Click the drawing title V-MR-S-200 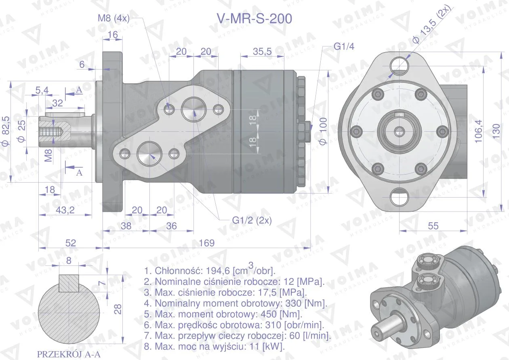(x=254, y=19)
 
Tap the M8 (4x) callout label (x=114, y=18)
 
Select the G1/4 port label (x=344, y=46)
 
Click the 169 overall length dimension (x=206, y=243)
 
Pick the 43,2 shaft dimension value (x=65, y=210)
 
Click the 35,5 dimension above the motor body (x=262, y=52)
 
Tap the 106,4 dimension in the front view (x=478, y=131)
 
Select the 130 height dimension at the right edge (x=496, y=131)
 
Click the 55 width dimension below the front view (x=433, y=226)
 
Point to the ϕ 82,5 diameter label (x=6, y=131)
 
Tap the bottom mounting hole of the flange (x=399, y=197)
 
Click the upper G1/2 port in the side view (x=194, y=109)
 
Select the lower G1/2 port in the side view (x=149, y=154)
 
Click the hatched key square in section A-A (x=69, y=283)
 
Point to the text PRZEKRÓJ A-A (x=69, y=354)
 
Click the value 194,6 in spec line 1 (x=218, y=271)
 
